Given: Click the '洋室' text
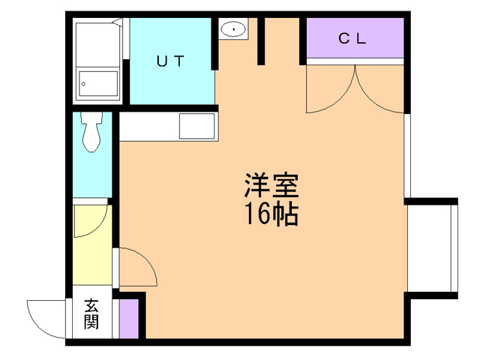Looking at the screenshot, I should tap(271, 184).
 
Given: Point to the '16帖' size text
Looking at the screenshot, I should tap(271, 214).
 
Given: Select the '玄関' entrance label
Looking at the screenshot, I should tap(91, 314).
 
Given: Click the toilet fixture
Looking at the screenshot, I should tap(91, 133).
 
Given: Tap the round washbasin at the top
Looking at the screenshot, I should tap(234, 30).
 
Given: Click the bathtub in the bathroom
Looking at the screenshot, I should tap(99, 84).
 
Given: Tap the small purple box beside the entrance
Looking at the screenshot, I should tap(128, 318).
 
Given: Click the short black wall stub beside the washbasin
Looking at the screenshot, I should tap(262, 41).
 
